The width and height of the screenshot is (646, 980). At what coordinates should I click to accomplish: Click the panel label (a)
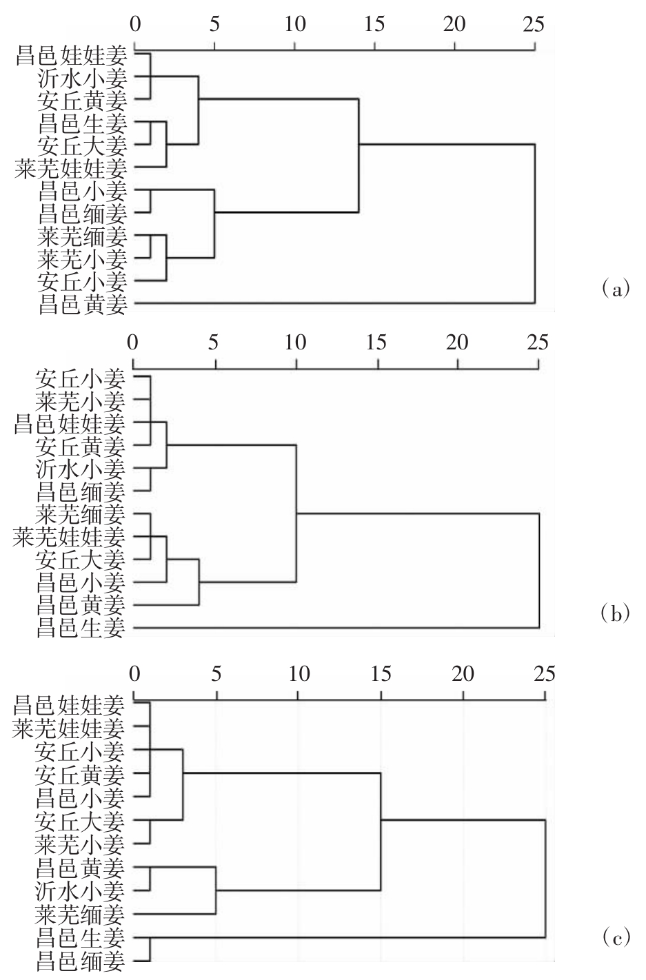click(x=616, y=289)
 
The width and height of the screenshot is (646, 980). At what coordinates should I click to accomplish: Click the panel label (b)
click(x=615, y=614)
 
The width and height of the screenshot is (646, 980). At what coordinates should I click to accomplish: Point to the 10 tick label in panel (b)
click(x=296, y=342)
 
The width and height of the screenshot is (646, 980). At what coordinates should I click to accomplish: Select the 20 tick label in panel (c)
click(x=463, y=674)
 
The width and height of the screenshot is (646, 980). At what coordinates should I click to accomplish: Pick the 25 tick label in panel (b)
click(x=538, y=342)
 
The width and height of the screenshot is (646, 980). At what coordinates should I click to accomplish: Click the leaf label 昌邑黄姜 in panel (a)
click(x=83, y=305)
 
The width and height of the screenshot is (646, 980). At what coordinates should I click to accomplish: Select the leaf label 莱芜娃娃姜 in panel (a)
click(x=71, y=169)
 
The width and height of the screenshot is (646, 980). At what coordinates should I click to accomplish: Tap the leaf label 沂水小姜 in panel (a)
click(x=83, y=79)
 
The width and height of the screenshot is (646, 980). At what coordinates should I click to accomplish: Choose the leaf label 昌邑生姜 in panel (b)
click(x=81, y=629)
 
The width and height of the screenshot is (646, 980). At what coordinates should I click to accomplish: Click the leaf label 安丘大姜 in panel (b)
click(x=81, y=560)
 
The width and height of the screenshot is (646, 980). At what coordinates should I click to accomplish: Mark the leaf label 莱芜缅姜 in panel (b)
click(x=81, y=514)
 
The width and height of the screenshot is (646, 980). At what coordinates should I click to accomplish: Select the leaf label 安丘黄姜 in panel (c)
click(x=80, y=775)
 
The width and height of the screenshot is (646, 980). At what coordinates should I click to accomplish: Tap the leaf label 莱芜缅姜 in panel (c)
click(x=80, y=915)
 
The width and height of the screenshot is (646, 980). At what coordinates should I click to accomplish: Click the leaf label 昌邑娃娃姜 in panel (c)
click(x=68, y=705)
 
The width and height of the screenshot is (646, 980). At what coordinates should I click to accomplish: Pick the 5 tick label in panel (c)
click(x=216, y=674)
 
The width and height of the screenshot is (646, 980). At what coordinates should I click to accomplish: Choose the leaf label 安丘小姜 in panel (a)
click(x=83, y=282)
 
